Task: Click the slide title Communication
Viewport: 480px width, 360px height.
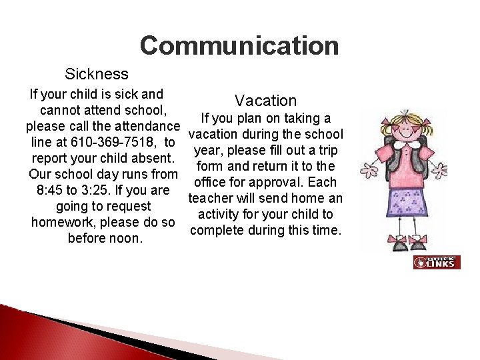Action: point(239,46)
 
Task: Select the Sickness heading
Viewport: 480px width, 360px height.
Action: point(96,73)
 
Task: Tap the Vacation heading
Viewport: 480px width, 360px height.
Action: point(265,101)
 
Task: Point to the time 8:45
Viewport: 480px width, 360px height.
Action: point(52,190)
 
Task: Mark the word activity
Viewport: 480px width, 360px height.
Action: point(222,214)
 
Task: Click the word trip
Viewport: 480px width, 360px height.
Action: point(327,150)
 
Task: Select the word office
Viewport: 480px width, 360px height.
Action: point(209,182)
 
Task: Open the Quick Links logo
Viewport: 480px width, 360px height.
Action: point(436,262)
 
